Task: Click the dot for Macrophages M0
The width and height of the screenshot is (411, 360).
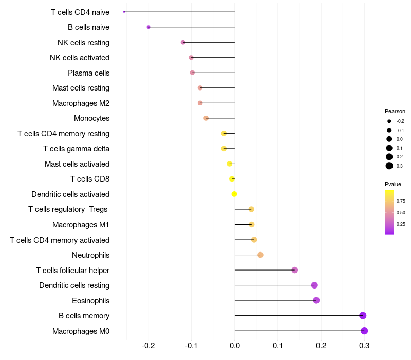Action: pos(364,331)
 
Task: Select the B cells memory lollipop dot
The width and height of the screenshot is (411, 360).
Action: pos(363,316)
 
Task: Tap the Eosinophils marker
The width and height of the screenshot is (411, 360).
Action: pos(316,300)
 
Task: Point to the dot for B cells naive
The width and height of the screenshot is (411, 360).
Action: pos(148,27)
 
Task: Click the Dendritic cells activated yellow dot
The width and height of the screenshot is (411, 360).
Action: pos(234,194)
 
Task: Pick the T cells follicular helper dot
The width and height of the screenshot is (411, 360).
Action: pos(294,270)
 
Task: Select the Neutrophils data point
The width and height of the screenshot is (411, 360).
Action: pos(260,255)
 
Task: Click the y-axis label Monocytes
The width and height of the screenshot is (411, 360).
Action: pos(91,118)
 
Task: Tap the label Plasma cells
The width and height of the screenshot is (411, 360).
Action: pos(88,73)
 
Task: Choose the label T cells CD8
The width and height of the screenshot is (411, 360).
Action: pos(90,179)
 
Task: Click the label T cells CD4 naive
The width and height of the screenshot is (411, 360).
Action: pos(80,12)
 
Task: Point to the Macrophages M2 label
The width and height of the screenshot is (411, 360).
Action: pos(81,103)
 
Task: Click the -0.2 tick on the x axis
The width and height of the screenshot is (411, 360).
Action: pos(148,344)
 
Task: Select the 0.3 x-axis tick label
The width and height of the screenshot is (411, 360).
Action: pos(364,344)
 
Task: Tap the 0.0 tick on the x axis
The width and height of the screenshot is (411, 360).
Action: pos(235,344)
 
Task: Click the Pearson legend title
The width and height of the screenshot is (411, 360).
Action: pos(395,111)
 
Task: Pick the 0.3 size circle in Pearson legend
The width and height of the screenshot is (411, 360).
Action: pos(389,166)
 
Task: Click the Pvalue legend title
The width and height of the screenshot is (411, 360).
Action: pos(393,184)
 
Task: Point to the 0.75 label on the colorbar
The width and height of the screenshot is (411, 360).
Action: pos(401,201)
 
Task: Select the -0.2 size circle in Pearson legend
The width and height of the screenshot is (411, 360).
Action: pos(389,121)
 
